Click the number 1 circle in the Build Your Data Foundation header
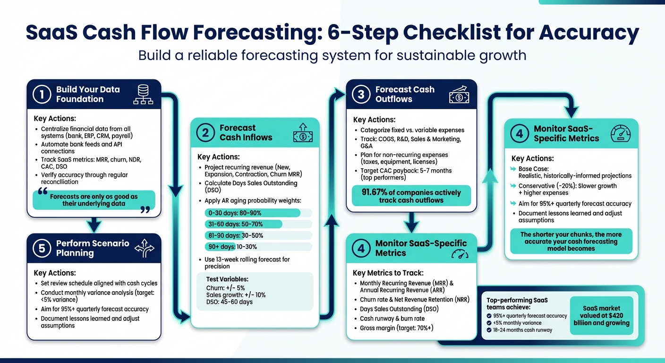click(x=42, y=95)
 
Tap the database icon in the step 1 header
click(x=143, y=94)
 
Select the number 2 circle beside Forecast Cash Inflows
click(x=205, y=133)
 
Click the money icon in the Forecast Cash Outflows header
click(x=459, y=95)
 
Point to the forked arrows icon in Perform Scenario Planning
click(x=144, y=248)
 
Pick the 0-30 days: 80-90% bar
click(x=252, y=213)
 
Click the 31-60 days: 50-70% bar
click(x=243, y=224)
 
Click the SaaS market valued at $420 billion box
click(x=601, y=316)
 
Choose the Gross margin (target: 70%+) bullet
click(x=396, y=328)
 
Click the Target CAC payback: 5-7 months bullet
click(x=406, y=171)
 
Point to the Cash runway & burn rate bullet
click(x=392, y=319)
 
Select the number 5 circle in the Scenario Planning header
click(x=42, y=248)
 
